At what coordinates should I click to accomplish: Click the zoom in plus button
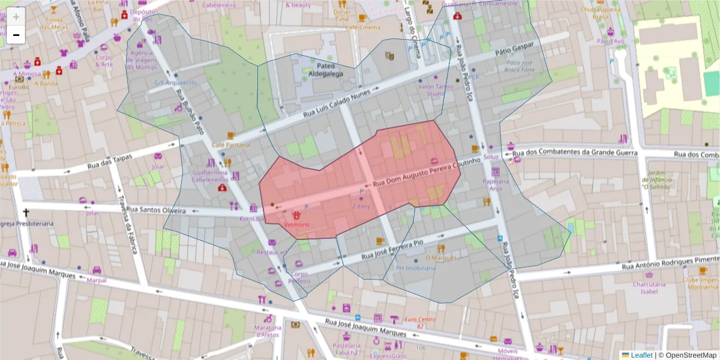[x=16, y=16]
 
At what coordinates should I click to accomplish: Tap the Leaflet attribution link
[x=637, y=355]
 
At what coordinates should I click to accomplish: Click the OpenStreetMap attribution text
[x=688, y=355]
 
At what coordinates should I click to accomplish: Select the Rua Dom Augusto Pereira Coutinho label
[x=427, y=172]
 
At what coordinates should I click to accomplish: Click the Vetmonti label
[x=297, y=224]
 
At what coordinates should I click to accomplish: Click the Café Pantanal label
[x=231, y=145]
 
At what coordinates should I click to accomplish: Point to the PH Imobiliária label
[x=416, y=268]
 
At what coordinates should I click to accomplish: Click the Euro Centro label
[x=419, y=322]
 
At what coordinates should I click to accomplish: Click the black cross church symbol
[x=26, y=212]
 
